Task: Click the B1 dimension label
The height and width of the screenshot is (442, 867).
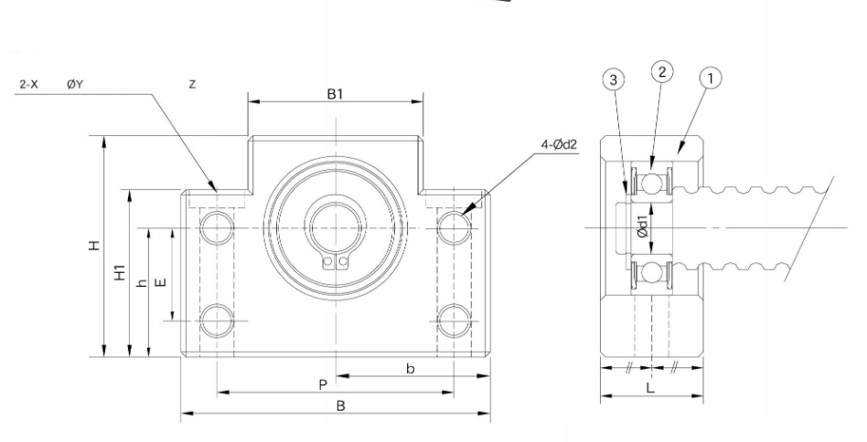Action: point(335,94)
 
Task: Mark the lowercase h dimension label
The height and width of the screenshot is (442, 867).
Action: point(140,283)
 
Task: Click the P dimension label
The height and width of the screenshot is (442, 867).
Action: point(323,385)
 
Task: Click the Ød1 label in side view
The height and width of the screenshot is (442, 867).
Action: point(644,228)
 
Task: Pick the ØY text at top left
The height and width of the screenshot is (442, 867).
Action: point(74,84)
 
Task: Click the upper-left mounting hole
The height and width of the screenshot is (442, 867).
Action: point(217,226)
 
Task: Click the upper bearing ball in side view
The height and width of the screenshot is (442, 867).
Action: point(651,184)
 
